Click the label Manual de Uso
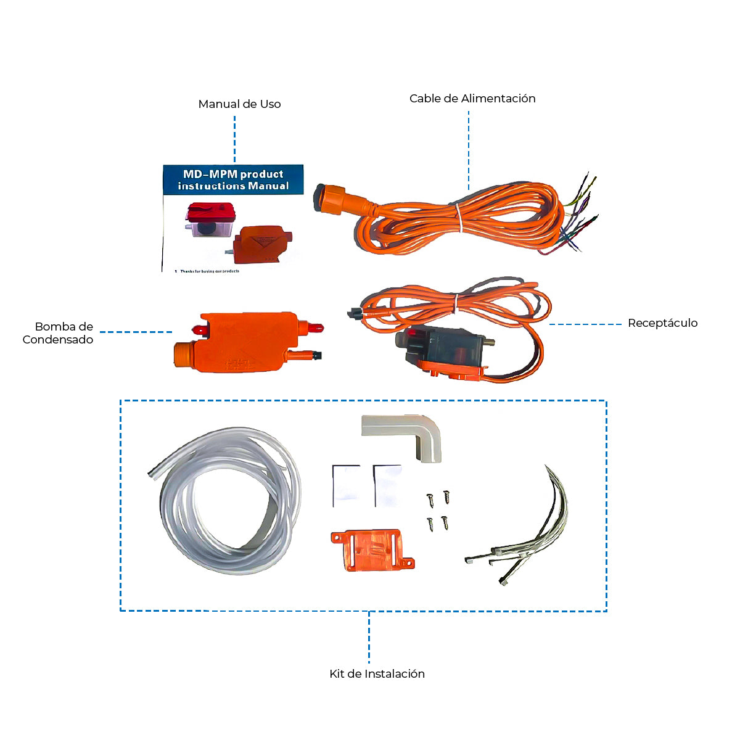click(x=239, y=104)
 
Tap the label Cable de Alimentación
click(x=472, y=99)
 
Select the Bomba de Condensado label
click(x=59, y=333)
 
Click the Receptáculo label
click(x=662, y=323)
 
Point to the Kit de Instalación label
click(x=377, y=674)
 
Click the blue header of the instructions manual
click(x=233, y=179)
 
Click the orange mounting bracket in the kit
click(x=370, y=549)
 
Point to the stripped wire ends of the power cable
click(x=580, y=213)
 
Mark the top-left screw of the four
click(x=430, y=499)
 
